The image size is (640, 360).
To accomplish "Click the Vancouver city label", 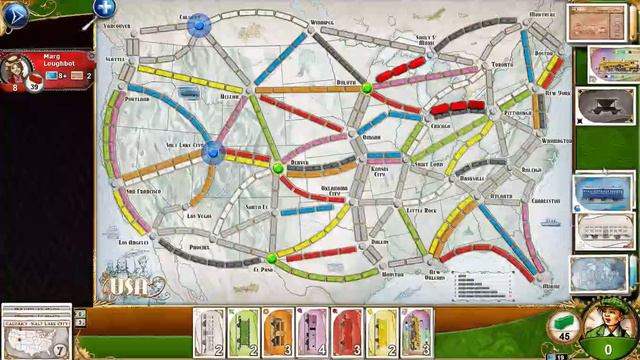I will [x=117, y=26].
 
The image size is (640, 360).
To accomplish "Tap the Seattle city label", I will [x=116, y=59].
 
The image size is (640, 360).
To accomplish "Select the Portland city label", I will [x=138, y=99].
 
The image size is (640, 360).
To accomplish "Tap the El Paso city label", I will [x=264, y=269].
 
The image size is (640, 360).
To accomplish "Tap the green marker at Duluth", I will [x=367, y=88].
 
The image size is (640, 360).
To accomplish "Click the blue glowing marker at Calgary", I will [x=198, y=25].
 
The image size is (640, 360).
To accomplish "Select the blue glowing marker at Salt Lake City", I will [x=211, y=151].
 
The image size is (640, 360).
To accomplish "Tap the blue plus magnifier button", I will [x=104, y=10].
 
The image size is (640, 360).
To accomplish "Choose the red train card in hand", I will [x=345, y=332].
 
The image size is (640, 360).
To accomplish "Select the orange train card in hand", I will [x=277, y=332].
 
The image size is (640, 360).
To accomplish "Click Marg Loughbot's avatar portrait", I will [x=19, y=70].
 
